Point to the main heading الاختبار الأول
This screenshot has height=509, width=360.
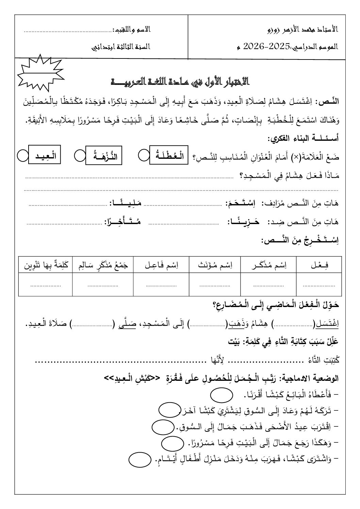(x=180, y=82)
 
